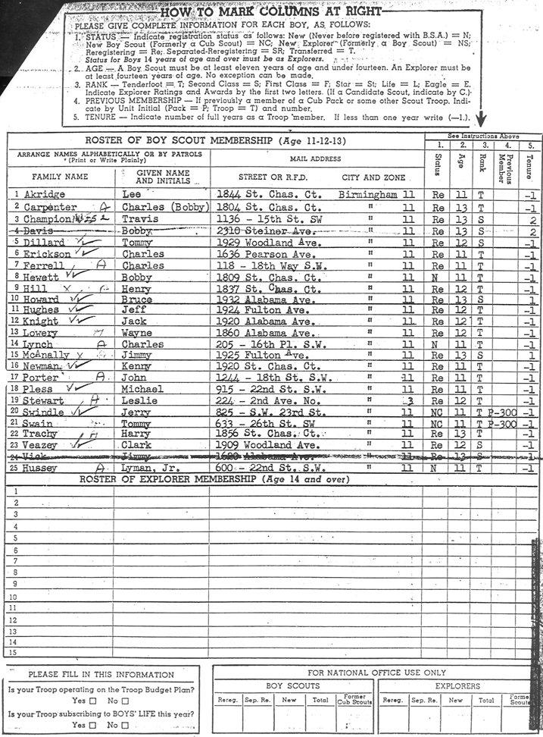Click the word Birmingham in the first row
click(x=369, y=195)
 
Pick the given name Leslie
click(x=139, y=400)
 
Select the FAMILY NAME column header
click(x=60, y=177)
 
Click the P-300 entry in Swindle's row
click(x=501, y=412)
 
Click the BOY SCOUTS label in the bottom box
click(x=292, y=686)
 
